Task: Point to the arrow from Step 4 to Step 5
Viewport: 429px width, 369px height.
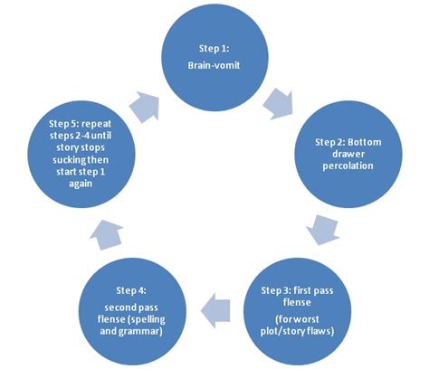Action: (101, 234)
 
